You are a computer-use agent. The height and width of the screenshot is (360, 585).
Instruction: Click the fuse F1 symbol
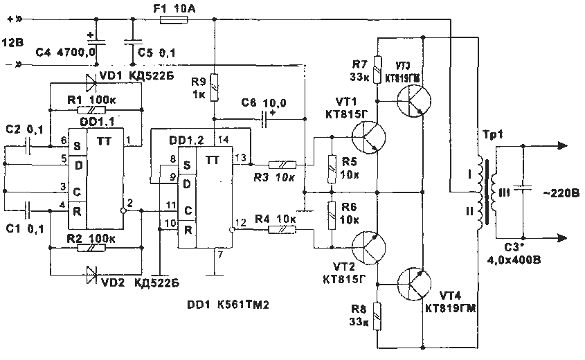tap(170, 21)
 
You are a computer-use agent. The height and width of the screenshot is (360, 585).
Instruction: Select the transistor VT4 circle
tap(415, 282)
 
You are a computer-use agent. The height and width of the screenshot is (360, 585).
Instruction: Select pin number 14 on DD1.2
tap(221, 141)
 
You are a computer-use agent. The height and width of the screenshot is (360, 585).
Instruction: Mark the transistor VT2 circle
tap(368, 246)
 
